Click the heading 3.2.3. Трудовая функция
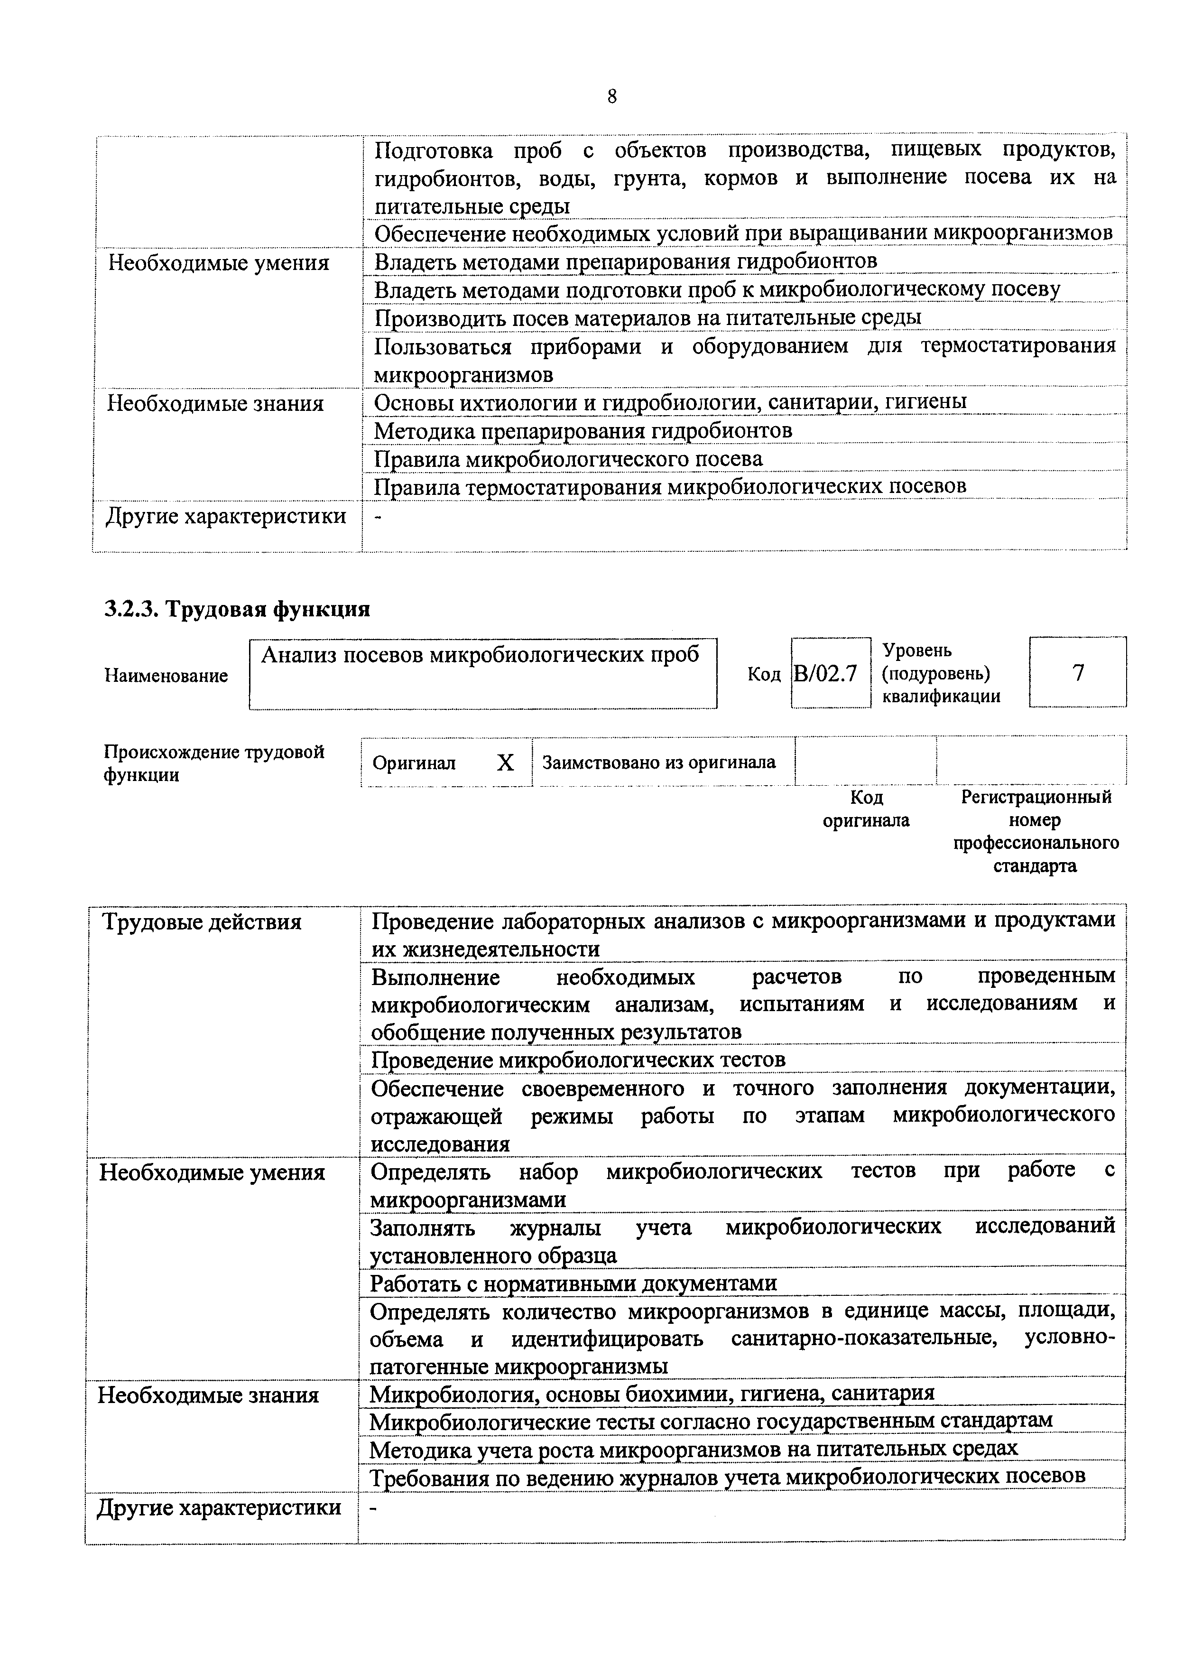tap(238, 609)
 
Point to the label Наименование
tap(166, 675)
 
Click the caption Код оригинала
tap(866, 809)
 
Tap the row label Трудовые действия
tap(201, 922)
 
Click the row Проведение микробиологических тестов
tap(578, 1059)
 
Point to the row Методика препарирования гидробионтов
tap(583, 431)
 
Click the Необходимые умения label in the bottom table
tap(212, 1172)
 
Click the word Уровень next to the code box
tap(916, 650)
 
